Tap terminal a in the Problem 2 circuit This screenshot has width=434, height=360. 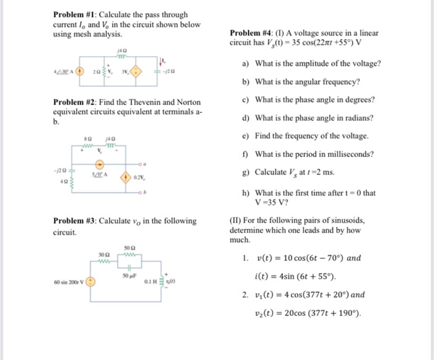pyautogui.click(x=162, y=164)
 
